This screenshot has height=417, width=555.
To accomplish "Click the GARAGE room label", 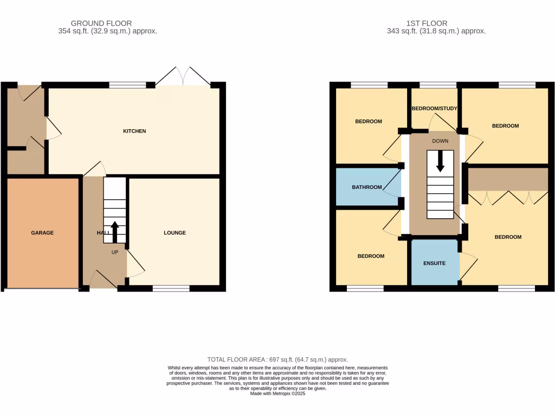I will (x=42, y=233).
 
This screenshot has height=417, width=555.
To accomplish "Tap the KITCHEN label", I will (x=134, y=131).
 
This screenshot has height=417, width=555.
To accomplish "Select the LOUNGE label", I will (x=175, y=233).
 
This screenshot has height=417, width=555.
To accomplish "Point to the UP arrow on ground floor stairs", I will (x=115, y=231).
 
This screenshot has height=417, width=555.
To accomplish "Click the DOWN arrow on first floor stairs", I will (x=440, y=161).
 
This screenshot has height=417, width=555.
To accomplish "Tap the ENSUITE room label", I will (x=434, y=263).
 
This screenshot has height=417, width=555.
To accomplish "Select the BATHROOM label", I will (x=367, y=188).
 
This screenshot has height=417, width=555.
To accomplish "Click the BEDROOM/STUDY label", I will (x=435, y=109).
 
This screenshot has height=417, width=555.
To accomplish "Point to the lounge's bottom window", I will (x=171, y=288).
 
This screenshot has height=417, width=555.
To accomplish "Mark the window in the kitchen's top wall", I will (x=128, y=85).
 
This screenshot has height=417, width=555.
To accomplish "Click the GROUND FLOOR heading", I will (x=102, y=23).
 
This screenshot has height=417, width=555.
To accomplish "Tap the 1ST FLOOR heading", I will (x=427, y=23).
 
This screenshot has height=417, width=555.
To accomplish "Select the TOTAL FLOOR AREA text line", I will (x=277, y=359).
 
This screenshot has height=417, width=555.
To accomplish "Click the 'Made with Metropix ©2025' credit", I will (x=277, y=394).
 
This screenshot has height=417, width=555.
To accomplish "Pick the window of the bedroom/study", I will (x=438, y=85).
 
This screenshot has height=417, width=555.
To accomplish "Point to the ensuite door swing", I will (x=468, y=267).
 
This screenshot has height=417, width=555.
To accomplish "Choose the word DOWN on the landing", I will (x=440, y=141).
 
